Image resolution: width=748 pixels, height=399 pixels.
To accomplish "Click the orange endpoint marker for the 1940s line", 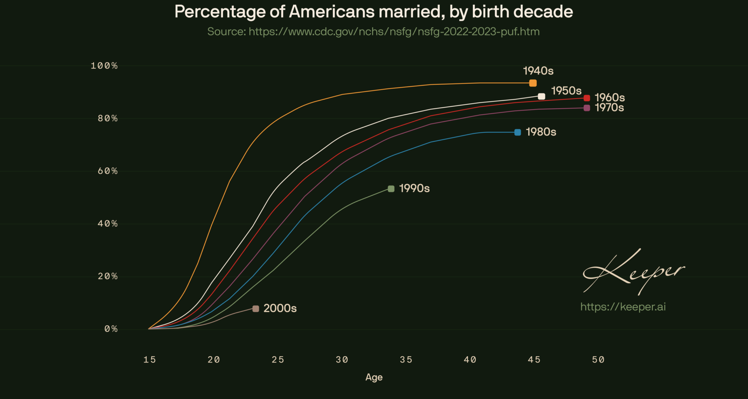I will (x=533, y=83).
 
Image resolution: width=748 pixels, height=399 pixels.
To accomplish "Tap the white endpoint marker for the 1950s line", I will (x=541, y=96).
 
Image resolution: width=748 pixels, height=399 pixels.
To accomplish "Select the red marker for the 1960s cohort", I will (x=587, y=98).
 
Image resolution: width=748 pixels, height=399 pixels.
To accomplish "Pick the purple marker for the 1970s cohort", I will (x=587, y=108).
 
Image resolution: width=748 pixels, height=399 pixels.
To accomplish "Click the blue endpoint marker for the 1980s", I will (x=517, y=132).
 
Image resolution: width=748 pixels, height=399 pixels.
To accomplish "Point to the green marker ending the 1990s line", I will (x=391, y=189).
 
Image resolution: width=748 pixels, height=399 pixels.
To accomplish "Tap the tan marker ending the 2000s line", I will (x=256, y=309).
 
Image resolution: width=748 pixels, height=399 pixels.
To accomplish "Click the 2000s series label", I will (x=280, y=308).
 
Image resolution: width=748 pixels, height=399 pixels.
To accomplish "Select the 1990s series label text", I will (x=414, y=189).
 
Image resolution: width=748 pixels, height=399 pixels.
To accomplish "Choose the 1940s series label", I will (x=538, y=71).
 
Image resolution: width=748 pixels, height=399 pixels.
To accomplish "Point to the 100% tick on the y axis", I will (x=104, y=66).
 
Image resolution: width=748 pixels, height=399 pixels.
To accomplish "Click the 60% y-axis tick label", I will (x=108, y=171).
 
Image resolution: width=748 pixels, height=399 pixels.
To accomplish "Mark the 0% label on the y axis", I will (x=111, y=329).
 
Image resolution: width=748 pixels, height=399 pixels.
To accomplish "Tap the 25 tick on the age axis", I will (x=278, y=360).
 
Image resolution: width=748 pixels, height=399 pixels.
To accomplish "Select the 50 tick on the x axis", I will (x=598, y=360).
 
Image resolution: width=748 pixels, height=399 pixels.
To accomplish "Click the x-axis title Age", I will (x=374, y=377).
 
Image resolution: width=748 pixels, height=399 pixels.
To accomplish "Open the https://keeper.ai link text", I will (x=623, y=307).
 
